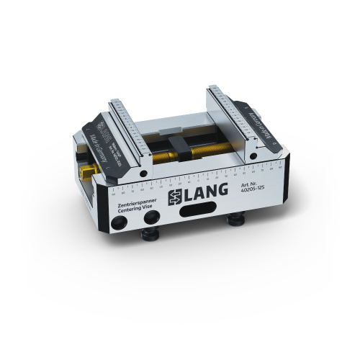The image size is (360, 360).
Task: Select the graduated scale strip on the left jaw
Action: tap(129, 132)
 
